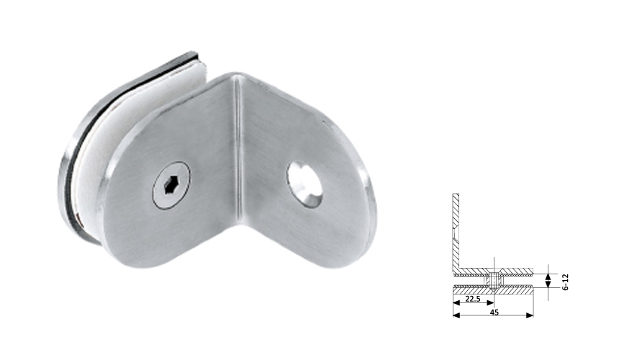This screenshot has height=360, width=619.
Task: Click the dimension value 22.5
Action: [x=473, y=299]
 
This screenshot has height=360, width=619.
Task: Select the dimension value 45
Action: [x=494, y=312]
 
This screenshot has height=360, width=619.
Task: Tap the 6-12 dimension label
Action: [x=566, y=277]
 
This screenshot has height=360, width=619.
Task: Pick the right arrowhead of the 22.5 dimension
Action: [x=491, y=303]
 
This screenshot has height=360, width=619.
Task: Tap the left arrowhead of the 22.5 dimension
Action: [x=456, y=303]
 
